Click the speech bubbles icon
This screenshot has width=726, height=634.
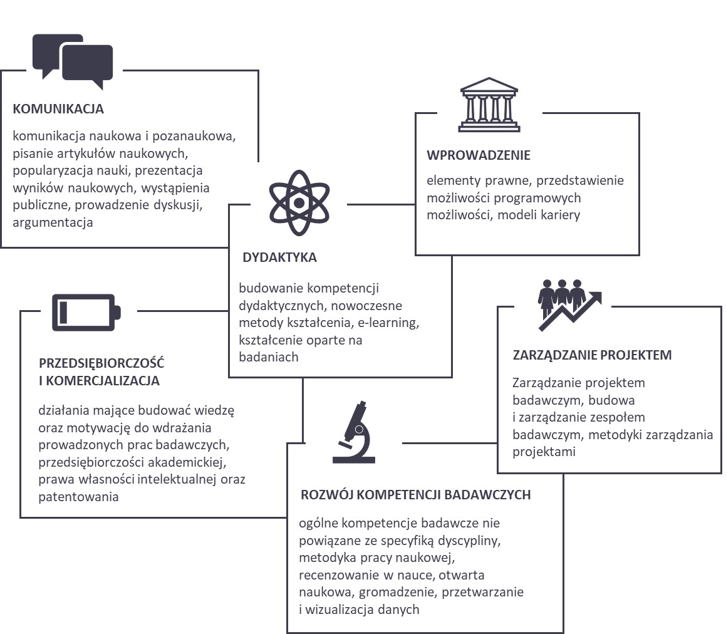73,61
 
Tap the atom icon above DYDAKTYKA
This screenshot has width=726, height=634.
299,203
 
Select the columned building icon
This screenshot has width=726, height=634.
489,105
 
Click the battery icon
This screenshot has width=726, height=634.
86,313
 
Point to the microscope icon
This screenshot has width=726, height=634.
354,432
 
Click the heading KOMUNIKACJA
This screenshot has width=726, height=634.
58,109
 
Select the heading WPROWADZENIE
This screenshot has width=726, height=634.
479,155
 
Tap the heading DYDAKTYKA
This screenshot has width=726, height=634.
279,257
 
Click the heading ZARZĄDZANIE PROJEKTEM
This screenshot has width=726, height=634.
592,355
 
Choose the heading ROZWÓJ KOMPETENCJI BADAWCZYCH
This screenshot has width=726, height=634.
416,495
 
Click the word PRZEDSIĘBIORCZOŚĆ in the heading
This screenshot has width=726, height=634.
101,363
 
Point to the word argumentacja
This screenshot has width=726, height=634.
53,223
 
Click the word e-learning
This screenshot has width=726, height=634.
388,323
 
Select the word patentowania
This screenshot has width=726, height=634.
79,497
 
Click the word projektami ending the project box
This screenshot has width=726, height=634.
544,452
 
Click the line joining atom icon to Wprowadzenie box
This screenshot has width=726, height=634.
381,204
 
